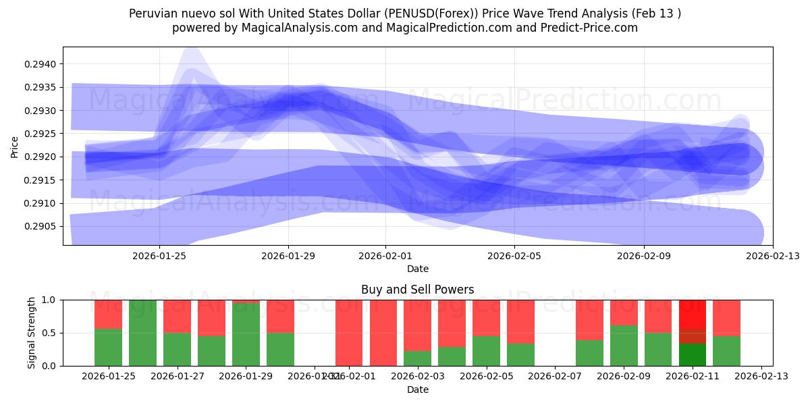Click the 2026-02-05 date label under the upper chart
[x=514, y=256]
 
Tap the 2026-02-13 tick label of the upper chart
[x=772, y=256]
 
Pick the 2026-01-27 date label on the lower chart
[x=177, y=376]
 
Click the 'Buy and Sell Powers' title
[x=417, y=290]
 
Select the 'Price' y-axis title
[x=15, y=146]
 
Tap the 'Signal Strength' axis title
[x=32, y=333]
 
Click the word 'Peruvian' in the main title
[x=152, y=13]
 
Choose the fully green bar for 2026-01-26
[x=142, y=333]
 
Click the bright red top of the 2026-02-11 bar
[x=693, y=314]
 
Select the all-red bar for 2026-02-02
[x=383, y=333]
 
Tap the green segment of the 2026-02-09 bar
[x=624, y=346]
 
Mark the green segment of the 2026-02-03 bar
[x=418, y=358]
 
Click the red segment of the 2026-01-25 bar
[x=108, y=314]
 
